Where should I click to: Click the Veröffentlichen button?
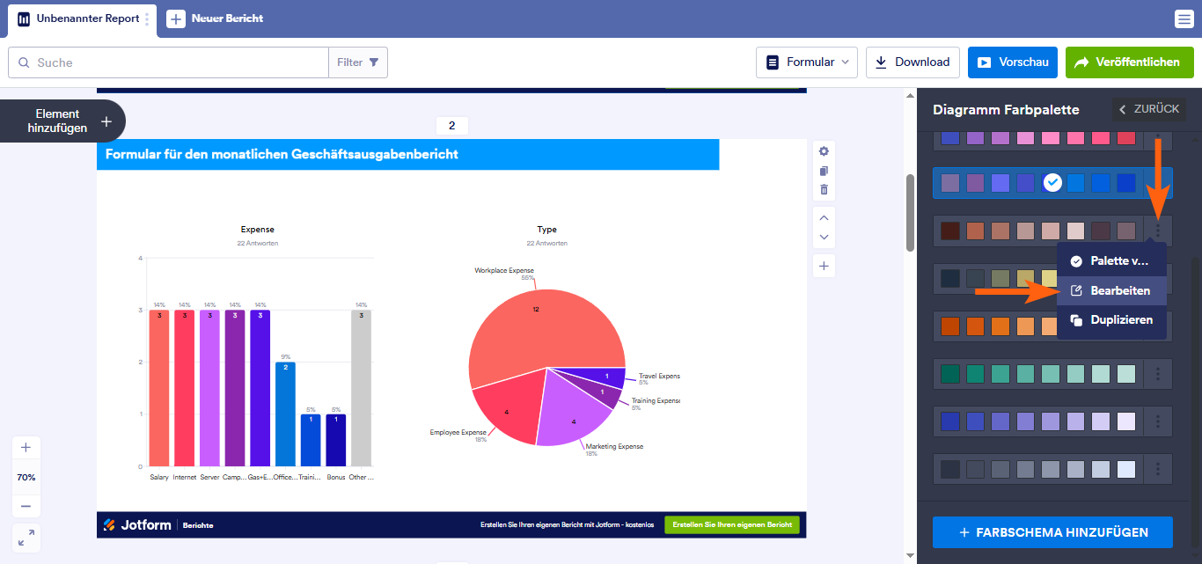[x=1129, y=62]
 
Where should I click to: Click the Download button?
[x=912, y=62]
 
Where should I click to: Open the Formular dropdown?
[x=807, y=62]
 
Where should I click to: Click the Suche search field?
[x=176, y=62]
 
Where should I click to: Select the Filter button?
[x=358, y=62]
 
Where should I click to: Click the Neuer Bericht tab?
[x=216, y=18]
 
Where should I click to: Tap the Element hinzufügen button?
[x=62, y=121]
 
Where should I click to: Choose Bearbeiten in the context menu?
[x=1112, y=290]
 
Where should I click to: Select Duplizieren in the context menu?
[x=1112, y=320]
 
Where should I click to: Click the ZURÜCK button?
[x=1148, y=109]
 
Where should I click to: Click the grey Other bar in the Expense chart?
[x=361, y=388]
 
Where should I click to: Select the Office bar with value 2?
[x=285, y=414]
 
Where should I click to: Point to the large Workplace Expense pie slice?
[x=528, y=326]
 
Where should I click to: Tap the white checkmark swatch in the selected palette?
[x=1052, y=183]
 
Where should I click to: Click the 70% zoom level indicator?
[x=26, y=477]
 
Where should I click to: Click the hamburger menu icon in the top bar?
[x=1184, y=19]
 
